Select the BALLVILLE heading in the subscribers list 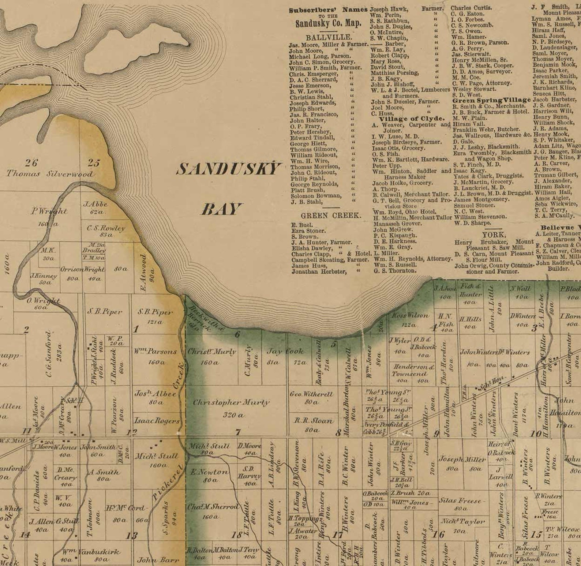329,37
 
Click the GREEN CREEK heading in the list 331,216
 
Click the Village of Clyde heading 412,119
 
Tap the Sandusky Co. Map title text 328,23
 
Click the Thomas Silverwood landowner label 49,174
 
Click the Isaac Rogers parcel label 157,421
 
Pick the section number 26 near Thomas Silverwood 31,162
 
